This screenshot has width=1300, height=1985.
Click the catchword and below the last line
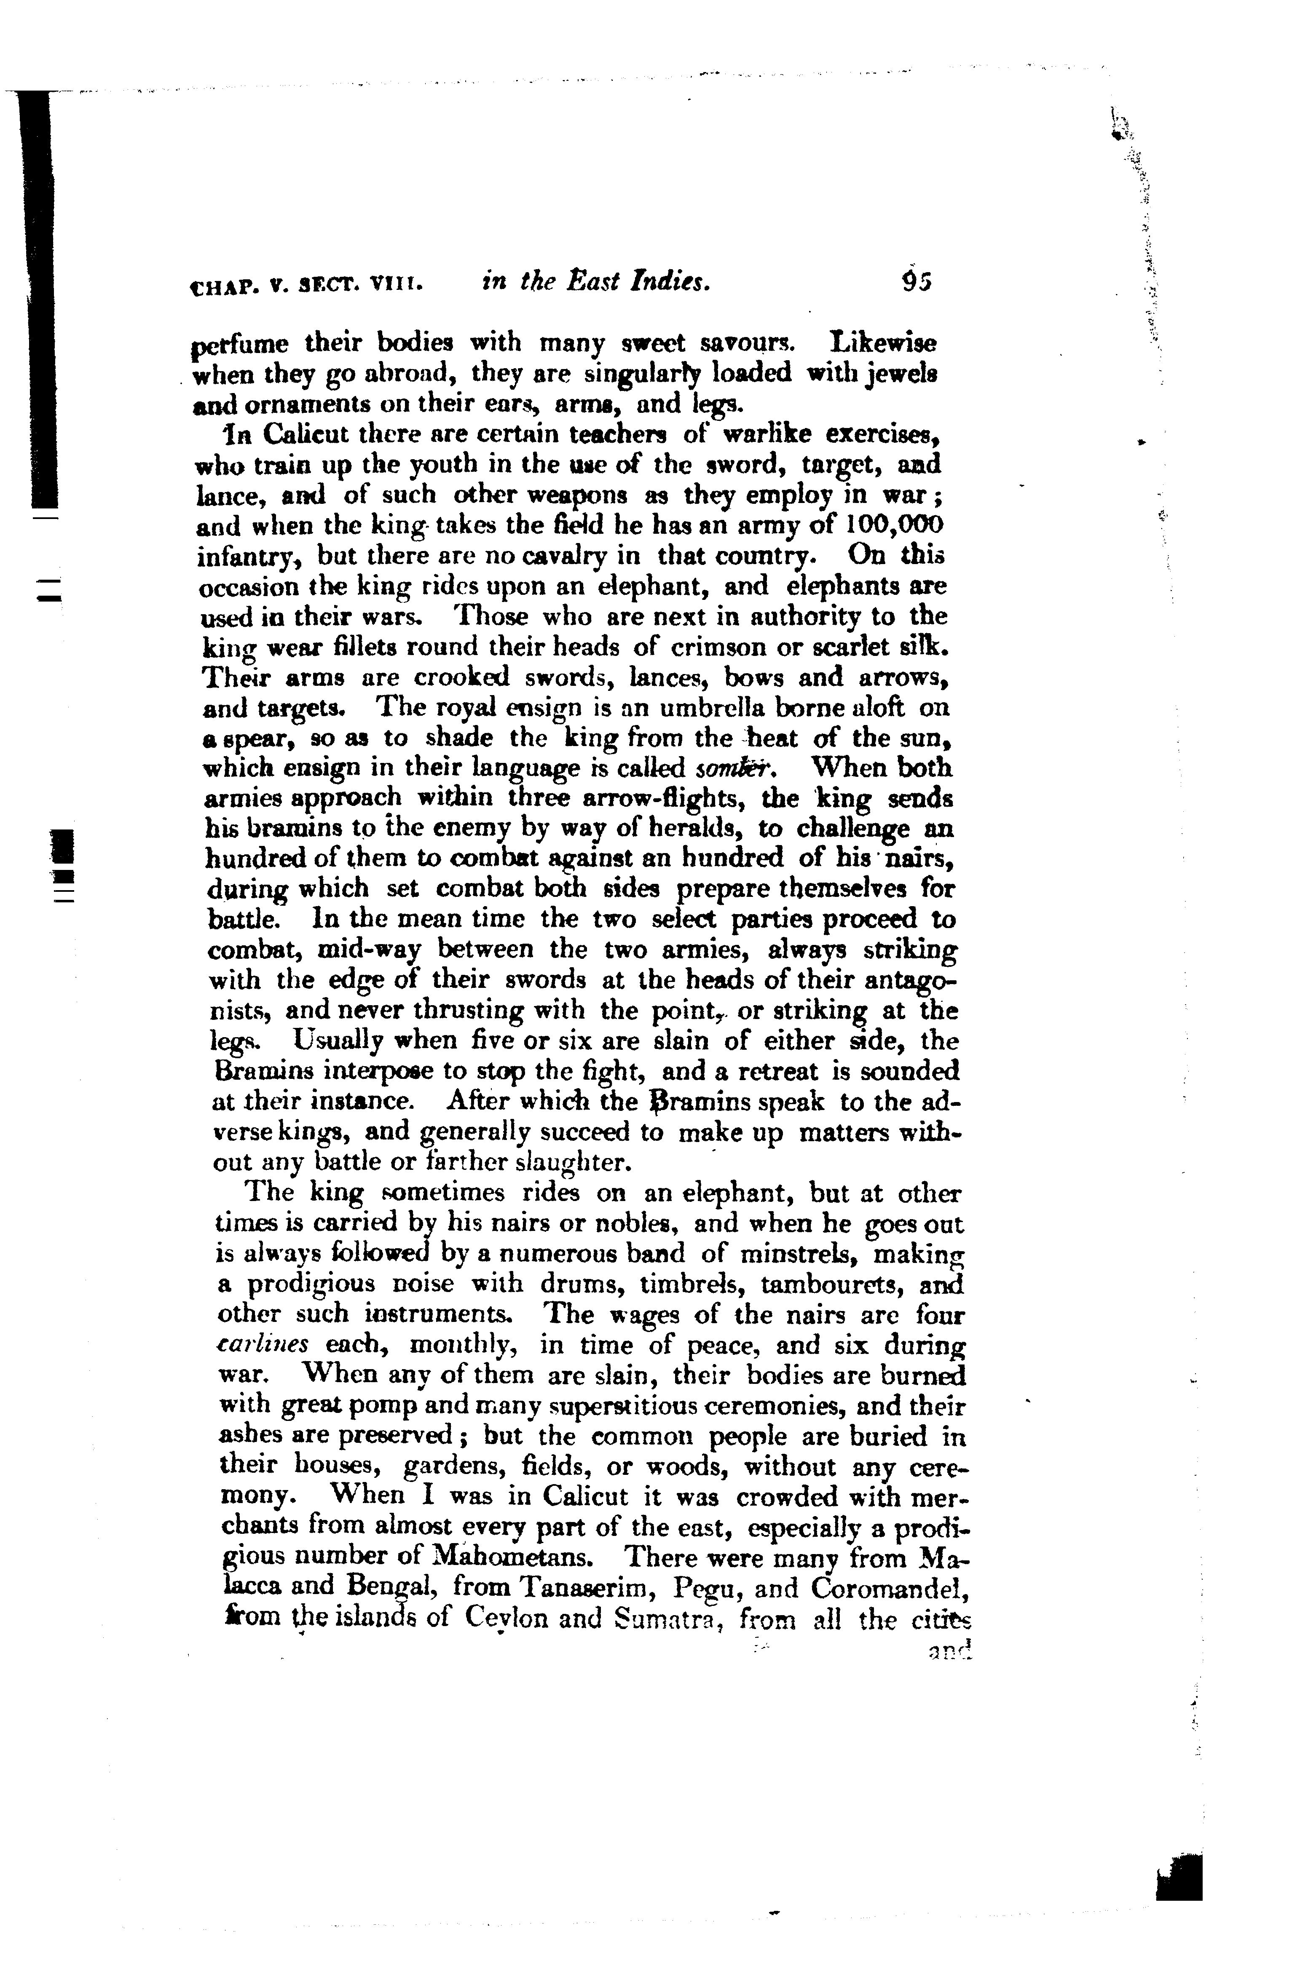pyautogui.click(x=949, y=1648)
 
